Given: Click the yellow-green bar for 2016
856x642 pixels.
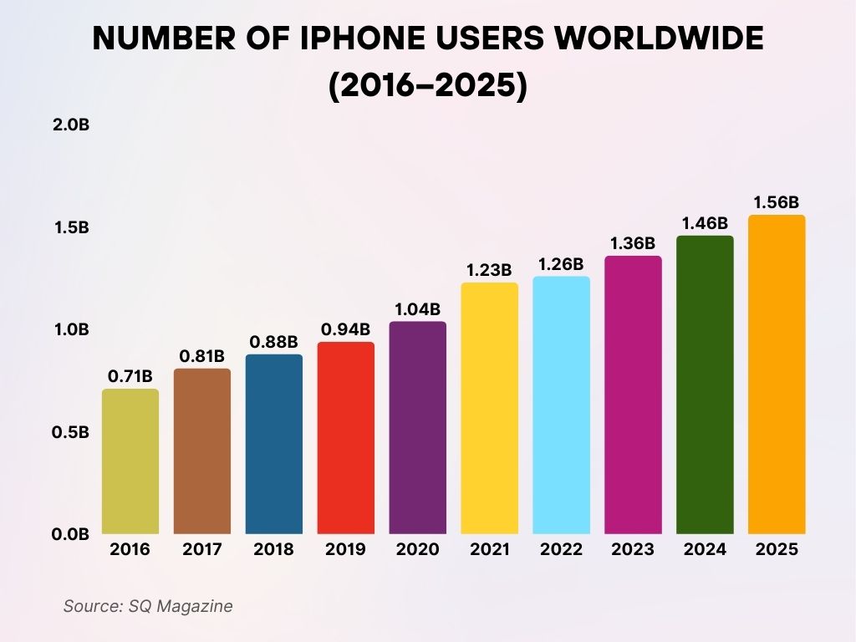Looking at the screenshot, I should [x=130, y=461].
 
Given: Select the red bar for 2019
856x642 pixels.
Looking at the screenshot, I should [x=345, y=438].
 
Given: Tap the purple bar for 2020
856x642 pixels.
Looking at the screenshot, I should [x=417, y=427].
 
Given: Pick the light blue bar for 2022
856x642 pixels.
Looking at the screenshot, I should [x=561, y=405].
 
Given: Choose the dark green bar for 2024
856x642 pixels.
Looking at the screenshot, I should [x=705, y=385].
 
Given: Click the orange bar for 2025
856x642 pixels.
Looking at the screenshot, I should [x=777, y=374].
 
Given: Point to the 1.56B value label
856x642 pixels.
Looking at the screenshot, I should [x=777, y=202].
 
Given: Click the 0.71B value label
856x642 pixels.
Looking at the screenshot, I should [x=130, y=376].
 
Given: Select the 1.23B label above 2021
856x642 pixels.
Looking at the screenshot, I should [x=489, y=270].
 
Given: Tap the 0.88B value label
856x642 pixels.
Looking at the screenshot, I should [x=273, y=342].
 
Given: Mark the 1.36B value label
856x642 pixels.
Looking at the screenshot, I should [x=633, y=243].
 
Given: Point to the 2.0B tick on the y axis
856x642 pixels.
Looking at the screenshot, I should [x=70, y=125].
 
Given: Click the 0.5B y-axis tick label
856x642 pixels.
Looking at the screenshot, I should [x=70, y=432].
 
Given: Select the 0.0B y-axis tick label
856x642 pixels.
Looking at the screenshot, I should [x=70, y=534].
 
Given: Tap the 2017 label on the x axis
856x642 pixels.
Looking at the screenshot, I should [x=201, y=550].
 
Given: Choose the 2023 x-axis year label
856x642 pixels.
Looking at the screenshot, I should [x=633, y=550].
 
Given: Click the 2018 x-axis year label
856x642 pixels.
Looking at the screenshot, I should [x=273, y=550].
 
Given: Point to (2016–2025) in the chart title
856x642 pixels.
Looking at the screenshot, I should [x=427, y=86].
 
